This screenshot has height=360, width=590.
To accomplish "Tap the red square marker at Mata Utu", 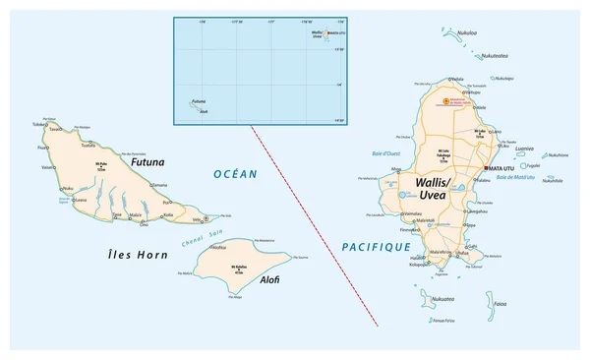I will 486,169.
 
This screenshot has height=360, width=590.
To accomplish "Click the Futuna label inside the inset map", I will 200,99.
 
